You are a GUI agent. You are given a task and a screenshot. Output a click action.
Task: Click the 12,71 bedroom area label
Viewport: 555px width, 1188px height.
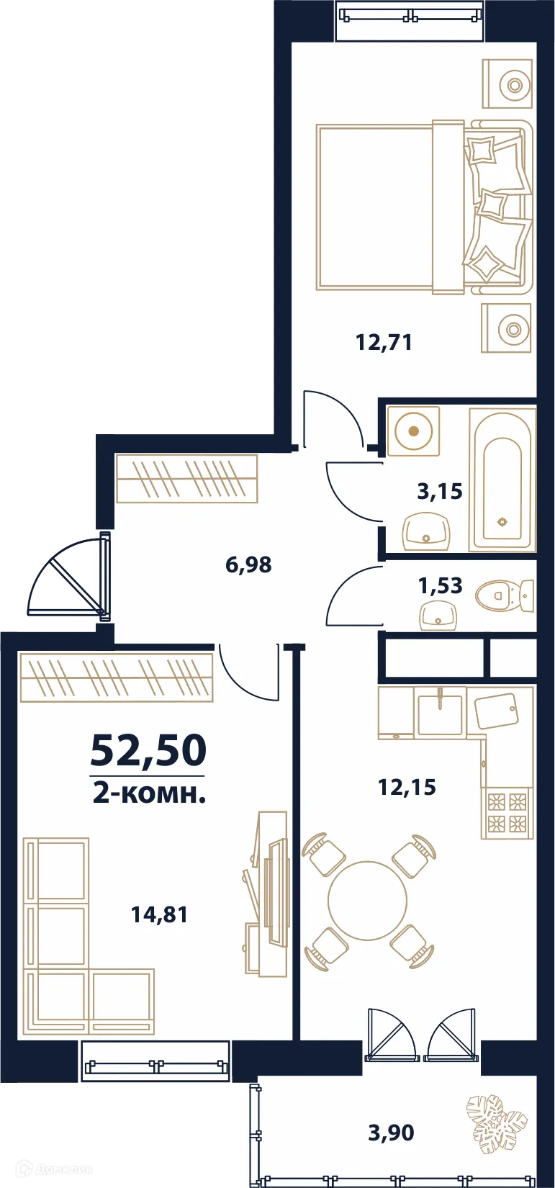coord(384,342)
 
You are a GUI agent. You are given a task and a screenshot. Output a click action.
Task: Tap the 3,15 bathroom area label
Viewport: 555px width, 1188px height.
coord(440,492)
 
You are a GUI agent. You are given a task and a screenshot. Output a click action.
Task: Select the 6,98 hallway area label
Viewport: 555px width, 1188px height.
coord(248,564)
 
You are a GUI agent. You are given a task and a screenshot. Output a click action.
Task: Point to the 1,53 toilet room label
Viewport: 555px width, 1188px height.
coord(440,585)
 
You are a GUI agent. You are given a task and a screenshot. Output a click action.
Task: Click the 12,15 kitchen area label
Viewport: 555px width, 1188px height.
coord(407,787)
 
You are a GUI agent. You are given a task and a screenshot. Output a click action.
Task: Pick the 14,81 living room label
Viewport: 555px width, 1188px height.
coord(159,915)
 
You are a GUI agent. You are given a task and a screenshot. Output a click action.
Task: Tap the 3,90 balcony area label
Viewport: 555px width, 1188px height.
coord(391,1133)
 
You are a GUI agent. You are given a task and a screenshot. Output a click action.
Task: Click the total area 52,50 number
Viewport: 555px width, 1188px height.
coord(148,750)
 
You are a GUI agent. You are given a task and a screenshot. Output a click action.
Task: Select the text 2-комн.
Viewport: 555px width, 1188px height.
coord(149,793)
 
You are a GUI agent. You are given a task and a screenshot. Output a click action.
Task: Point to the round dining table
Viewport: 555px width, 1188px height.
coord(367,901)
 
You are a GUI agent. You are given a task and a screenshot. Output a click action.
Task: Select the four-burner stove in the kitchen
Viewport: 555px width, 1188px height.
coord(507,812)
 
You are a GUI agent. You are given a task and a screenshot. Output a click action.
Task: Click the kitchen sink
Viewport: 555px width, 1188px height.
coord(440,713)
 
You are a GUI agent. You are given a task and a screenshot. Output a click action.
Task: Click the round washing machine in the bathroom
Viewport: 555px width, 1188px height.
coord(413,431)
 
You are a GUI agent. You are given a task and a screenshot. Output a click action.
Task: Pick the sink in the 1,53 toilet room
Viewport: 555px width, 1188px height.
coord(438,616)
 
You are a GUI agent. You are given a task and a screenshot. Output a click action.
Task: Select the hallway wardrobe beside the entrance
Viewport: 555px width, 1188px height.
coord(186,478)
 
